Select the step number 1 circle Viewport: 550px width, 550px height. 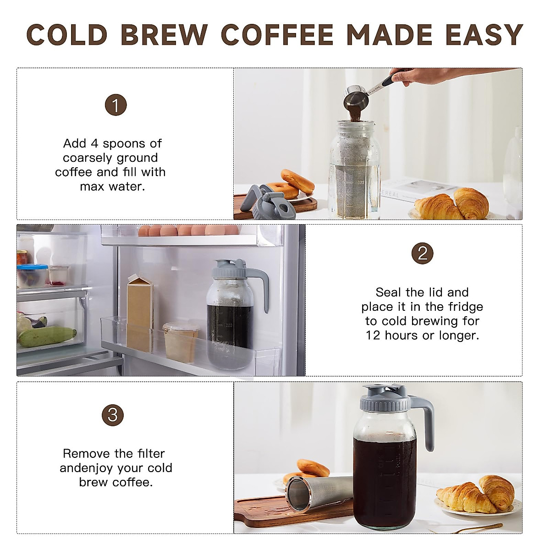tap(115, 105)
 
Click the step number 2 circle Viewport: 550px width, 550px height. tap(422, 253)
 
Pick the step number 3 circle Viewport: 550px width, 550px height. tap(113, 416)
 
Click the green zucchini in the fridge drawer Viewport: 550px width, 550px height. tap(47, 336)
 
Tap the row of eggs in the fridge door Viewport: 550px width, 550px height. tap(188, 230)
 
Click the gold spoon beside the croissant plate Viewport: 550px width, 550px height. tap(477, 528)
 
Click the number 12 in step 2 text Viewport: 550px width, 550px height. tap(373, 335)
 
